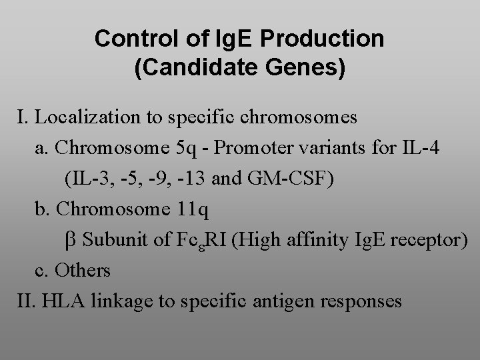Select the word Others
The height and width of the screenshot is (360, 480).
coord(83,271)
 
